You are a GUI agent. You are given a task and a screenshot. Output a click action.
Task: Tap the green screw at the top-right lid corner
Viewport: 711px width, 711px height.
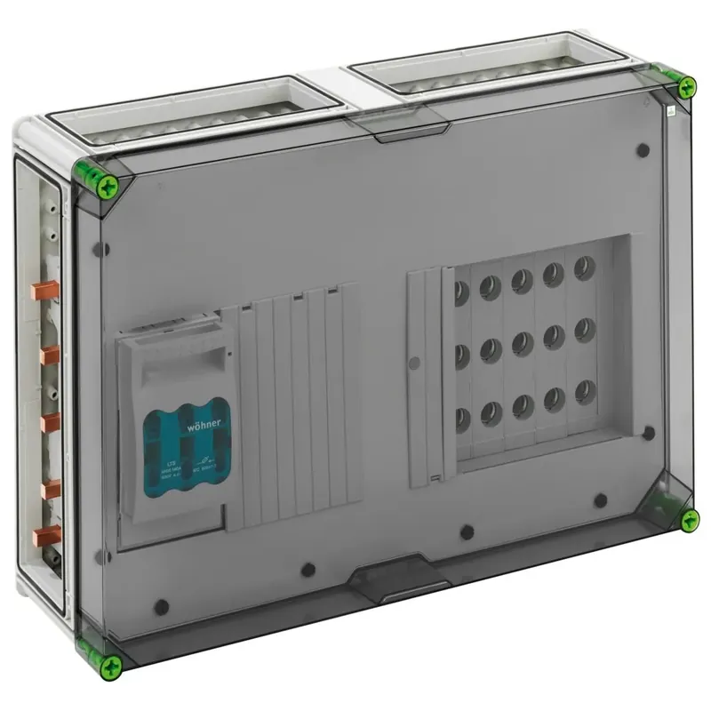(x=686, y=87)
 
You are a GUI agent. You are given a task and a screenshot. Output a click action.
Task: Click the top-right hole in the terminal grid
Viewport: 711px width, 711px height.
(x=584, y=266)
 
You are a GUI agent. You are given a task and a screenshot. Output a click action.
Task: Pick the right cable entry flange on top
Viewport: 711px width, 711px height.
(x=493, y=62)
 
